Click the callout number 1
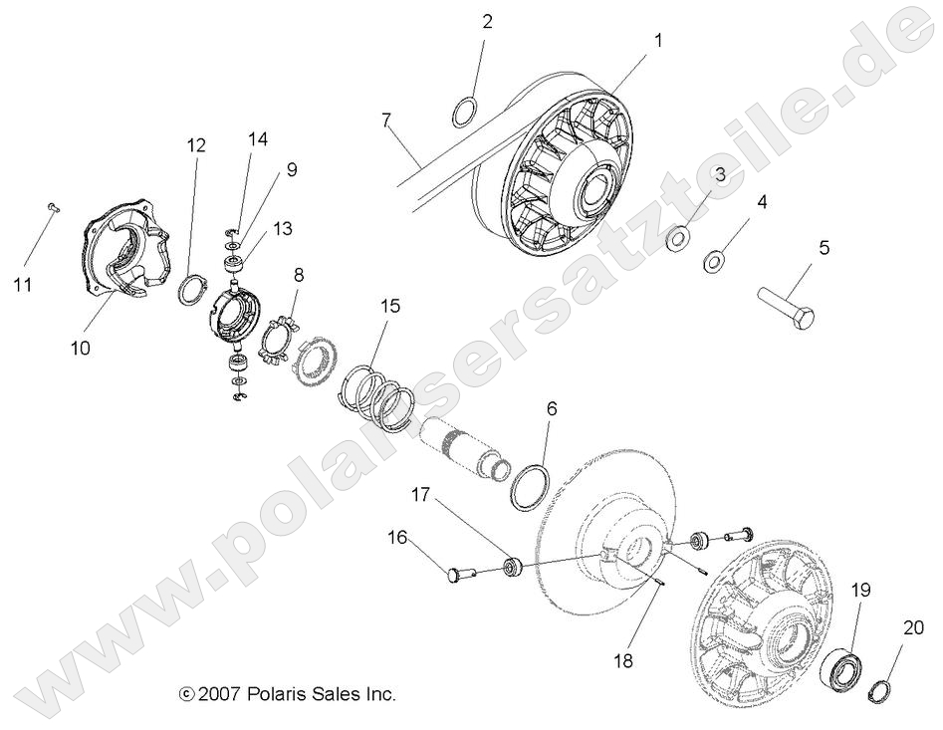pos(657,41)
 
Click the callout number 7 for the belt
pos(386,121)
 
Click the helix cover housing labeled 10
pos(119,253)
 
